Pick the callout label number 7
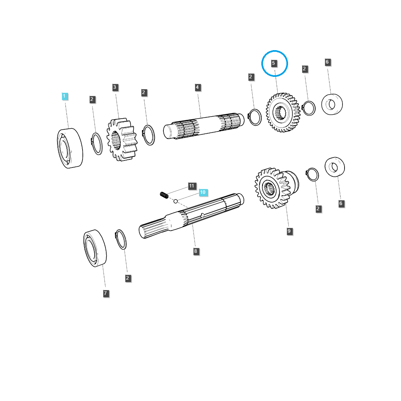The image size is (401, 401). click(106, 293)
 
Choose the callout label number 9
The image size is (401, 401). click(289, 231)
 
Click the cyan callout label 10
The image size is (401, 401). click(203, 192)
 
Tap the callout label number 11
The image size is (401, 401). click(192, 185)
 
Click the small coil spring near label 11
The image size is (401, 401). click(164, 195)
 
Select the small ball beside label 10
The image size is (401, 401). click(175, 201)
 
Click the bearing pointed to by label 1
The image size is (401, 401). click(70, 148)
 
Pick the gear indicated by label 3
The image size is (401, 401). click(122, 139)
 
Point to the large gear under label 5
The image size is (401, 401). click(283, 113)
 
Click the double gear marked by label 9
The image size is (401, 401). click(277, 188)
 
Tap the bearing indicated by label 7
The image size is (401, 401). click(95, 248)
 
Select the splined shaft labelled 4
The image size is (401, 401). click(204, 126)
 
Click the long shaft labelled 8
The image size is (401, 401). click(191, 216)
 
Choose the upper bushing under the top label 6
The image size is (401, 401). click(332, 105)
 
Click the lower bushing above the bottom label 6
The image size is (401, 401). click(335, 167)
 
